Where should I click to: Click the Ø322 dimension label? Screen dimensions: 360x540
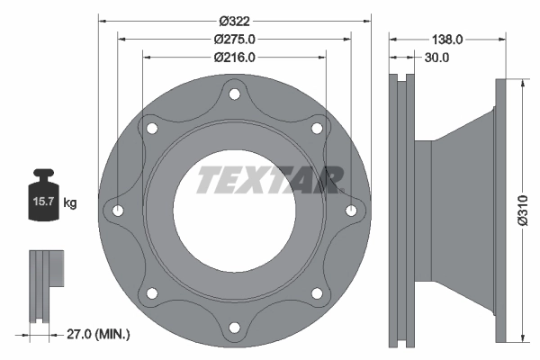tap(235, 20)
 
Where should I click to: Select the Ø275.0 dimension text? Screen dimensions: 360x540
tap(235, 39)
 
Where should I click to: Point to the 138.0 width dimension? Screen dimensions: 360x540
tap(447, 39)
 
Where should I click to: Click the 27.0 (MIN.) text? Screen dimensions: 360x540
tap(99, 334)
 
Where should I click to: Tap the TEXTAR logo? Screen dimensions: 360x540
tap(268, 179)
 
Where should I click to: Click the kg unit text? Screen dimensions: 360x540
tap(70, 203)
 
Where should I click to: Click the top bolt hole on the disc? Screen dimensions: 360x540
tap(235, 94)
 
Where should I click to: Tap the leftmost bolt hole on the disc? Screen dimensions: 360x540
tap(119, 211)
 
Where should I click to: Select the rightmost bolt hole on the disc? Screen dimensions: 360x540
tap(351, 211)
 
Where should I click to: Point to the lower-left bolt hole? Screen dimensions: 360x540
tap(152, 292)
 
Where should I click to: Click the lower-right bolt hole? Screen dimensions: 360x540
tap(317, 292)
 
